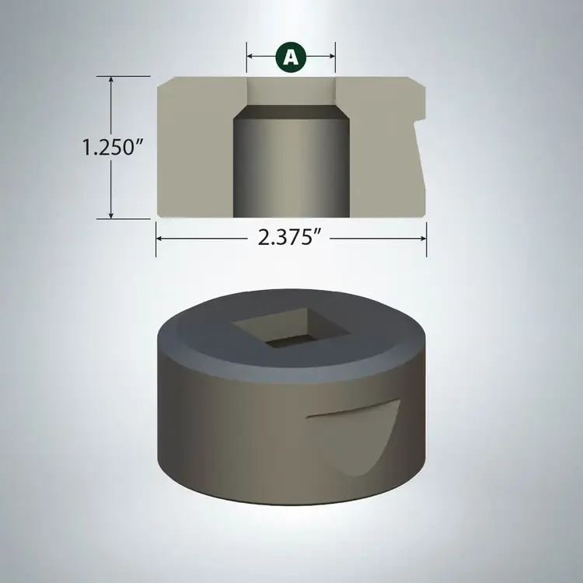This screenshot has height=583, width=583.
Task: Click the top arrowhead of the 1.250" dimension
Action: coord(113,80)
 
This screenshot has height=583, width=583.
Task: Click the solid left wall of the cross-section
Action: coord(194,148)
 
